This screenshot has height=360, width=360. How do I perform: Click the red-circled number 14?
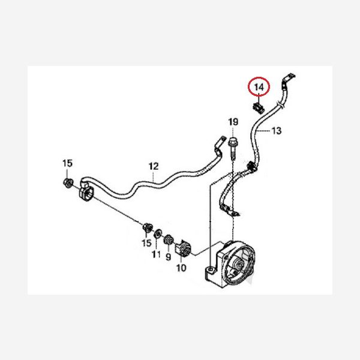[x=259, y=87]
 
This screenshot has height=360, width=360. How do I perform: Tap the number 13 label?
[x=276, y=131]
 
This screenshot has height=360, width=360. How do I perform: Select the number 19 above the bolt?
[x=233, y=122]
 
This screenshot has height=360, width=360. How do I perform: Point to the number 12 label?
[x=154, y=166]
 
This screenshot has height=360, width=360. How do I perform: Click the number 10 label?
[x=181, y=268]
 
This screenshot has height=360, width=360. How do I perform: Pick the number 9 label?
[x=168, y=257]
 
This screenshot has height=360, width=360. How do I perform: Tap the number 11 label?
[x=156, y=254]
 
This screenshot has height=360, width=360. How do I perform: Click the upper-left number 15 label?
[x=67, y=163]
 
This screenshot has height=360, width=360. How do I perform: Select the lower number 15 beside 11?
[x=147, y=243]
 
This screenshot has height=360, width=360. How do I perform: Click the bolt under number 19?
[x=233, y=149]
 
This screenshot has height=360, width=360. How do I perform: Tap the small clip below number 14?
[x=259, y=107]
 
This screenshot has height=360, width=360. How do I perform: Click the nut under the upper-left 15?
[x=67, y=183]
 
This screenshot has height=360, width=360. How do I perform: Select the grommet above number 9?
[x=168, y=241]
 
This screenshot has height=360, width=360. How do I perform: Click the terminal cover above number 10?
[x=183, y=249]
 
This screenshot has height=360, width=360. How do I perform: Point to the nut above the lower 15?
[x=147, y=228]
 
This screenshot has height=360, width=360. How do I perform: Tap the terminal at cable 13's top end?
[x=287, y=79]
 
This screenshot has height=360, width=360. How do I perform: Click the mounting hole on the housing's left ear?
[x=211, y=269]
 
